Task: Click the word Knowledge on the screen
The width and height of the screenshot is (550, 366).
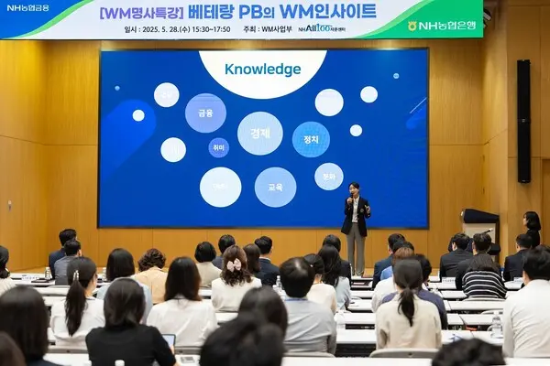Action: point(262,70)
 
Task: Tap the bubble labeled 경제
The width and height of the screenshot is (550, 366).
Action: point(260,134)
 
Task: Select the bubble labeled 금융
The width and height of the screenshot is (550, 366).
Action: point(205,113)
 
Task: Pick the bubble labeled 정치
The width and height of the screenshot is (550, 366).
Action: point(311,139)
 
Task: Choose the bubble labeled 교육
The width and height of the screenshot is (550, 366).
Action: point(275,187)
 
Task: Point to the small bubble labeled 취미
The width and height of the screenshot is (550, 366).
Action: point(218,147)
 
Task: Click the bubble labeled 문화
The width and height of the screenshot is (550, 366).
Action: point(329,176)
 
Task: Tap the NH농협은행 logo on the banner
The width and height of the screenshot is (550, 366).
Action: point(444,26)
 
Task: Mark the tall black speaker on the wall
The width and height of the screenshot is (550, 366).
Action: point(523,122)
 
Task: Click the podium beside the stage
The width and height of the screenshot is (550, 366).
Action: point(479,223)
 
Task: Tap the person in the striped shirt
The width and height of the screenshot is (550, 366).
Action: point(483,276)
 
